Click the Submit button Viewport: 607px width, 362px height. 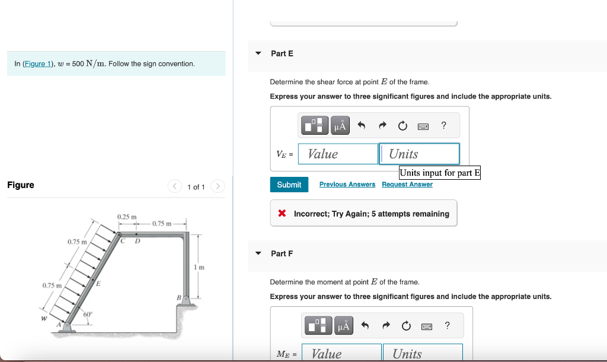click(x=289, y=185)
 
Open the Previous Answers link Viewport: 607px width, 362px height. click(x=347, y=185)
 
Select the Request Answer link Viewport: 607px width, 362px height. click(x=407, y=185)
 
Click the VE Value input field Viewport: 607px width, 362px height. click(x=338, y=154)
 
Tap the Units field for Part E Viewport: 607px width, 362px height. click(x=419, y=154)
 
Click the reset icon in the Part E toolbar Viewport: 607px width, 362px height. click(x=402, y=125)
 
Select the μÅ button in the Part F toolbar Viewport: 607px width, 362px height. click(x=343, y=325)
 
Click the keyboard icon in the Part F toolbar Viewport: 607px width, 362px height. click(x=426, y=325)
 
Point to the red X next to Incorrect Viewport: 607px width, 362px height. click(x=283, y=214)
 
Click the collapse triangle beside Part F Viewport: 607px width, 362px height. click(x=258, y=253)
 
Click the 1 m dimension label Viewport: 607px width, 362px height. click(x=201, y=268)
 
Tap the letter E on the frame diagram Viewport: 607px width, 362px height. click(x=98, y=284)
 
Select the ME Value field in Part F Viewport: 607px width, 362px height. click(x=341, y=354)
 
